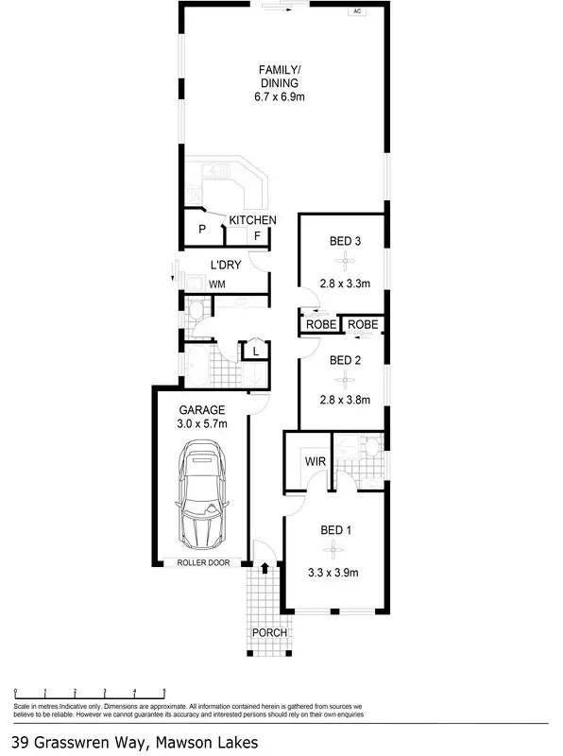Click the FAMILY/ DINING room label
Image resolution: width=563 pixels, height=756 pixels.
click(281, 76)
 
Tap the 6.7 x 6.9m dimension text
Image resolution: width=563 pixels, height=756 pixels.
click(281, 98)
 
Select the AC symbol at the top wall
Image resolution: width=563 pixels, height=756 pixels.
click(357, 12)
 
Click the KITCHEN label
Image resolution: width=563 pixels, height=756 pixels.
click(252, 220)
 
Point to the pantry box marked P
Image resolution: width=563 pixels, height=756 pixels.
click(202, 231)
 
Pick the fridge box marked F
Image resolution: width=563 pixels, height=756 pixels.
click(256, 235)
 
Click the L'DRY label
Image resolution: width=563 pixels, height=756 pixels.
click(225, 265)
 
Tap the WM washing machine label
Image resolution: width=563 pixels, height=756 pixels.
click(216, 283)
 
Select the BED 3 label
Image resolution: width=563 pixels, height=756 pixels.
click(345, 241)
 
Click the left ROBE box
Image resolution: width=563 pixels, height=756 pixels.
click(321, 324)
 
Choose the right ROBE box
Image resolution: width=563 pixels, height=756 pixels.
click(363, 324)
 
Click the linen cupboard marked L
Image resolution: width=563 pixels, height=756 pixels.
click(254, 352)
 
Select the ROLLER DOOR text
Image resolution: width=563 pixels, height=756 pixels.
click(203, 563)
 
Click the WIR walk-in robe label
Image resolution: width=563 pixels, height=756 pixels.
click(315, 462)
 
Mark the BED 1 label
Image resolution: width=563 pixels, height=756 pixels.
click(335, 530)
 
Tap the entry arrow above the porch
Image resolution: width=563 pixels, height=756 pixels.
click(264, 568)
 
